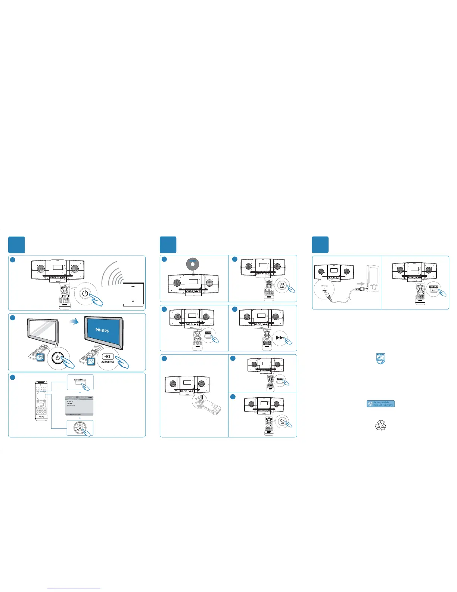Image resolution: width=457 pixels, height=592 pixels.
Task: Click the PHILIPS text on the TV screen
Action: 102,330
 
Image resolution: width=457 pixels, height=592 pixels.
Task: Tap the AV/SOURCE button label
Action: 108,362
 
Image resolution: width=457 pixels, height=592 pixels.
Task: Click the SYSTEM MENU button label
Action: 80,380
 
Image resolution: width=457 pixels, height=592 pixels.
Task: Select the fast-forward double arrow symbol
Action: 280,337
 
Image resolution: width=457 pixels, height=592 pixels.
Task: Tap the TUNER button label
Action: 208,333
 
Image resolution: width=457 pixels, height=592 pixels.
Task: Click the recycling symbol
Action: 380,425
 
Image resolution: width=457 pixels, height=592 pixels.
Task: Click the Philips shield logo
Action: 380,358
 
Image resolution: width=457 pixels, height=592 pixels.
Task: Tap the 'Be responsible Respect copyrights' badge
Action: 380,404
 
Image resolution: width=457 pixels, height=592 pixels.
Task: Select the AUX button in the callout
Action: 433,290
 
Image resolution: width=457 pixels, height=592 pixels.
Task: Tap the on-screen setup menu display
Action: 80,406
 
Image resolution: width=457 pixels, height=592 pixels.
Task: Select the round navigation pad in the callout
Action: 80,428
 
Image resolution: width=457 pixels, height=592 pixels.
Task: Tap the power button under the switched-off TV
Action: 57,357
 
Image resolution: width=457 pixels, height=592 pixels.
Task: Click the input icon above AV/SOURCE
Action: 108,357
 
